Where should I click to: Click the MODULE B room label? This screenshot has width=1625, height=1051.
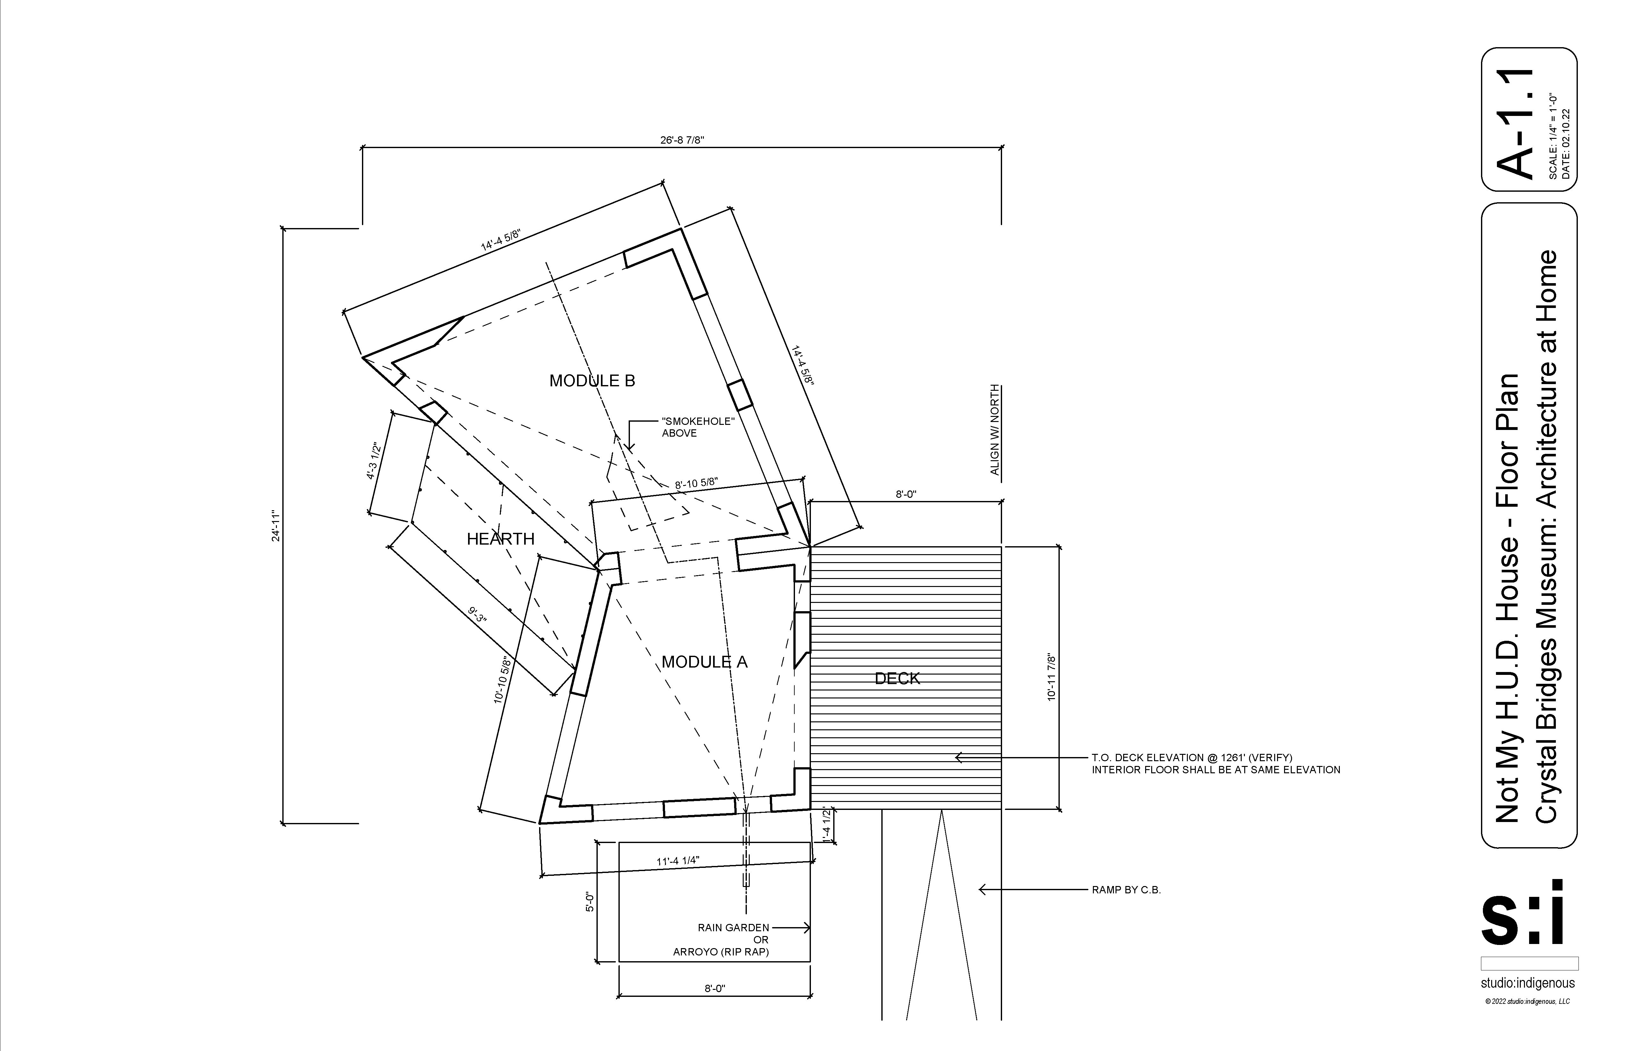592,381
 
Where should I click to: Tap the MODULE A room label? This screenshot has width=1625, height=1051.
704,662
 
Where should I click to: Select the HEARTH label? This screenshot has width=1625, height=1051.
501,539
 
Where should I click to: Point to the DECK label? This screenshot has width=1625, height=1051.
897,678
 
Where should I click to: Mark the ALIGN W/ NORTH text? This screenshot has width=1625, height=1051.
995,430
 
